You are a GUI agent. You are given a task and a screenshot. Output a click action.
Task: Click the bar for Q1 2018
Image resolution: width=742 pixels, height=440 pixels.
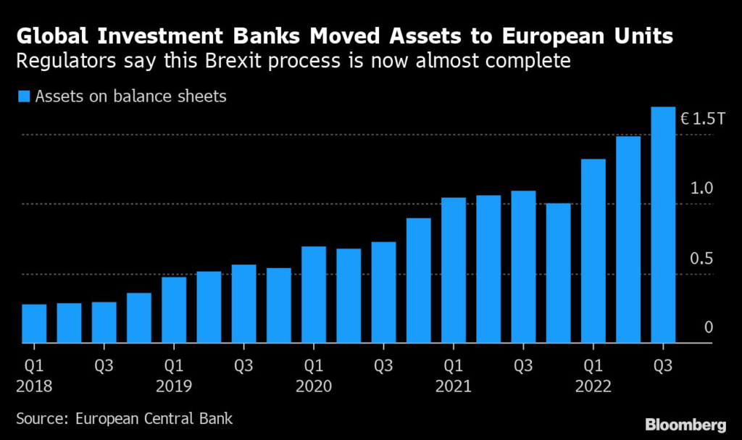coord(34,323)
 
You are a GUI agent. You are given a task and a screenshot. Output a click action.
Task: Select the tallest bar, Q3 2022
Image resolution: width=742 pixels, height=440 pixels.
coord(663,225)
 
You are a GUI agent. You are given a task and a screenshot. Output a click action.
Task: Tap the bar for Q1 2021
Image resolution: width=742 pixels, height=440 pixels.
coord(454,270)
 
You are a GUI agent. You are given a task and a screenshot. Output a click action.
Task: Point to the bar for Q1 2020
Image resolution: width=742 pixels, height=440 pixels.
coord(314,294)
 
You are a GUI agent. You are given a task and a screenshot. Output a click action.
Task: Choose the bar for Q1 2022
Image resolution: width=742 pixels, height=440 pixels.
coord(593,251)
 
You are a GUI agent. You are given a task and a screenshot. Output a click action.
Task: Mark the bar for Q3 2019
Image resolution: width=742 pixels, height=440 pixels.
coord(244,304)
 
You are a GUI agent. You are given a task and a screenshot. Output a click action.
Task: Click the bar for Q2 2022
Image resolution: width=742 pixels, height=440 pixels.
coord(628,239)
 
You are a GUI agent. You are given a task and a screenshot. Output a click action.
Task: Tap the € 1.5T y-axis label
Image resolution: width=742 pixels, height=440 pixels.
coord(702,119)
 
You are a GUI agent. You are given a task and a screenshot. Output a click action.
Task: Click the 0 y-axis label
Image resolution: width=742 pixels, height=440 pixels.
coord(709,328)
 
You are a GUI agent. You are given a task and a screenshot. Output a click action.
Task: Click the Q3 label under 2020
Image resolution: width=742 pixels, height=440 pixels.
coord(384,365)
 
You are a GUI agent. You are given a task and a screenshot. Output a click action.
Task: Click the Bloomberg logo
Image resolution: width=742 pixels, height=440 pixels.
coord(685,423)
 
